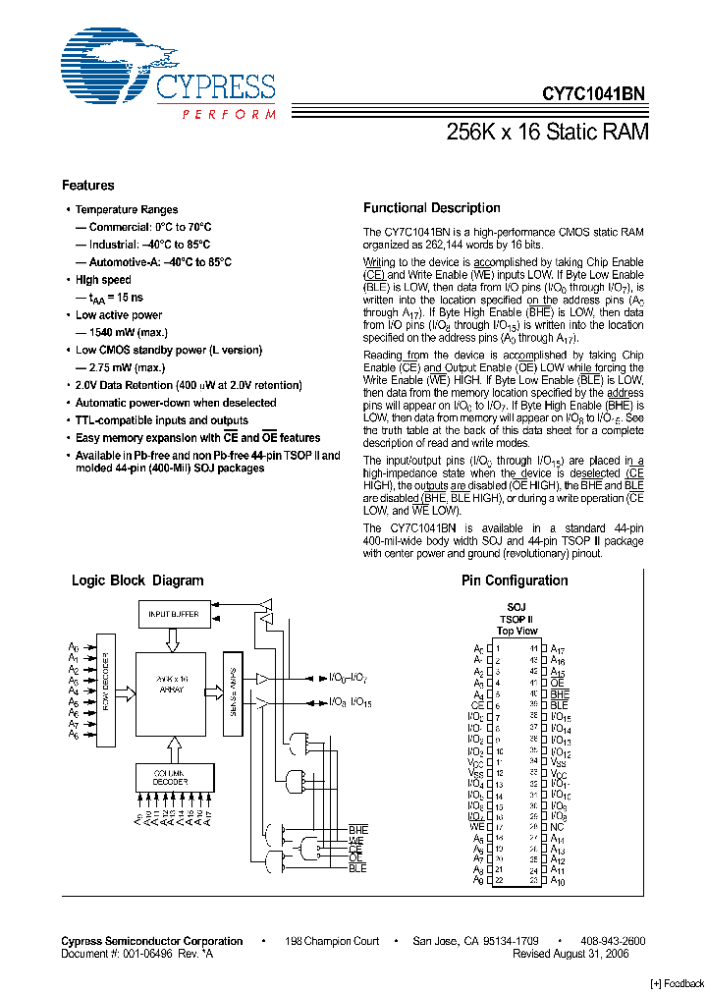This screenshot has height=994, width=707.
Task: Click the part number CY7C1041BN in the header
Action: [593, 95]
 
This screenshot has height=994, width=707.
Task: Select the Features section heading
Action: [87, 186]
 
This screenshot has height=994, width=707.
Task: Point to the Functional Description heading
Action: [431, 208]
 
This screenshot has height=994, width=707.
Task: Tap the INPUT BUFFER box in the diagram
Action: [173, 614]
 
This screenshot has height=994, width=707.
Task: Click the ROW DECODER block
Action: [106, 692]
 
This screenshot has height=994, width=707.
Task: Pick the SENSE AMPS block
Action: [233, 692]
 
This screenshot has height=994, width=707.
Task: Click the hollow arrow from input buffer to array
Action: [173, 639]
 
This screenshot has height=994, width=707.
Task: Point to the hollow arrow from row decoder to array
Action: [126, 692]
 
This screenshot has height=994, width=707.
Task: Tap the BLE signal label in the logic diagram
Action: [357, 868]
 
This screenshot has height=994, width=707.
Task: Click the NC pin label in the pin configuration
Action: [557, 827]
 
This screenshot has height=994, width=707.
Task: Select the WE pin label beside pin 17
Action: [477, 827]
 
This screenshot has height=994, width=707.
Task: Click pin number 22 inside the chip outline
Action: [499, 881]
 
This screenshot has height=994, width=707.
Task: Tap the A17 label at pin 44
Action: [557, 648]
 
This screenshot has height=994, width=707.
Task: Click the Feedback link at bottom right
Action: [678, 983]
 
